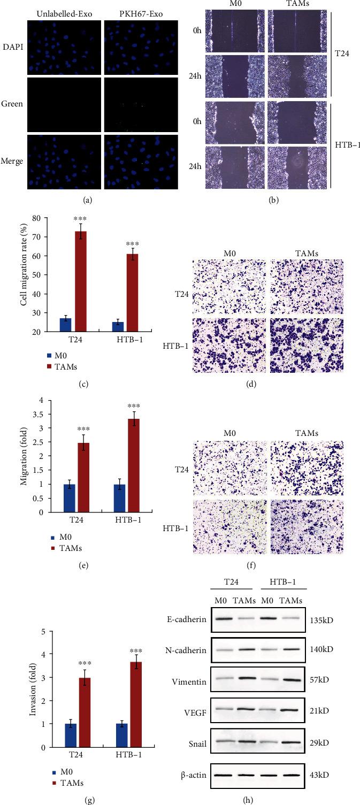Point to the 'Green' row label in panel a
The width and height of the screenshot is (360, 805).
14,104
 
